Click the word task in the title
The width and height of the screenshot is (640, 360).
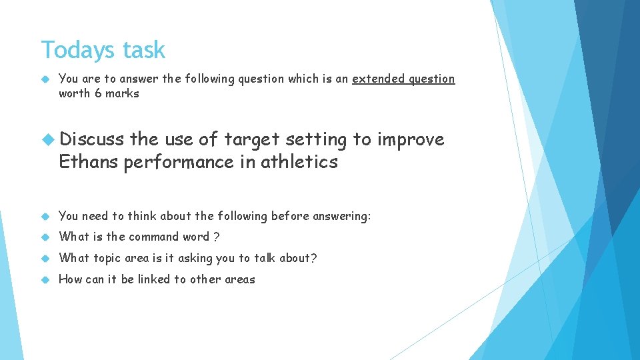[143, 51]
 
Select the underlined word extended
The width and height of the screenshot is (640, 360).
[377, 79]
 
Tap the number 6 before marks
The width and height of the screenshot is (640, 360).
[98, 93]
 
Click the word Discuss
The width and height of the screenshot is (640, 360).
[91, 139]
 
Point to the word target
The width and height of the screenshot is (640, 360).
[252, 139]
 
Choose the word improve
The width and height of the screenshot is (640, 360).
[410, 139]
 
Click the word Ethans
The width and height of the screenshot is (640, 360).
[89, 162]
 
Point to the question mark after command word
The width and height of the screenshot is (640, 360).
[217, 237]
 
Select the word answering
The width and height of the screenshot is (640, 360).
[339, 216]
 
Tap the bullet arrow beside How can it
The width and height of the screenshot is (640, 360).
[46, 279]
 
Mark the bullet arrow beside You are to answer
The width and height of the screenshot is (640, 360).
[46, 79]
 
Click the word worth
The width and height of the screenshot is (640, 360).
[74, 93]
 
